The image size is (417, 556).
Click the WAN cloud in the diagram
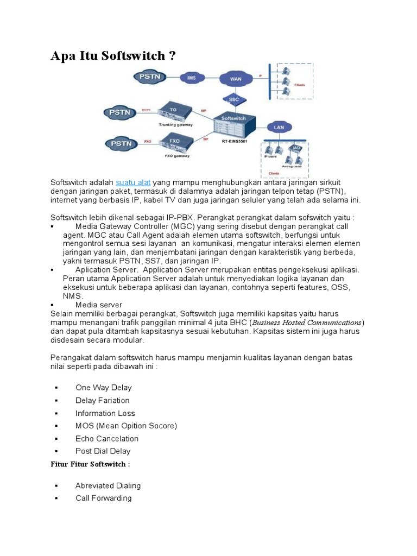(236, 79)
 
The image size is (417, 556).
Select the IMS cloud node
(192, 77)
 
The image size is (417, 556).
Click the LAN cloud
(279, 127)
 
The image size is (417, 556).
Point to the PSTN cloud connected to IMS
(149, 76)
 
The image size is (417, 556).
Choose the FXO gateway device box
(174, 142)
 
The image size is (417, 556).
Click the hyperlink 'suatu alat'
(133, 182)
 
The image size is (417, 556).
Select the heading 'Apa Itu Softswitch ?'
(113, 56)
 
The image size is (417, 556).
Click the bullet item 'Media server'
(99, 305)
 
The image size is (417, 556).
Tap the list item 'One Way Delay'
(103, 388)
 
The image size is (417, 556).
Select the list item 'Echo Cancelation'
(106, 439)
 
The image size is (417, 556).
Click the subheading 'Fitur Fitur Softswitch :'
(90, 464)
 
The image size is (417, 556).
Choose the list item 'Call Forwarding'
(103, 498)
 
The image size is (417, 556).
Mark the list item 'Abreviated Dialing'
(108, 485)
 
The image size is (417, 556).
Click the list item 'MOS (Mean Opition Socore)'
(126, 426)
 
